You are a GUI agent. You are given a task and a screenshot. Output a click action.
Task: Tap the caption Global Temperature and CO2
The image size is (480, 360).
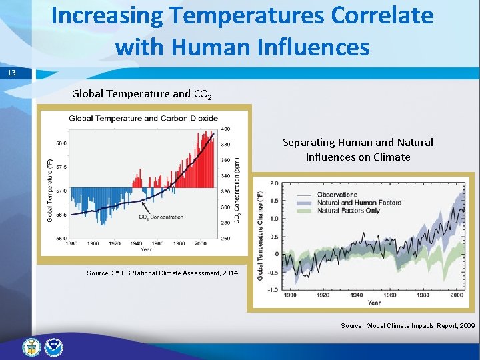(x=142, y=94)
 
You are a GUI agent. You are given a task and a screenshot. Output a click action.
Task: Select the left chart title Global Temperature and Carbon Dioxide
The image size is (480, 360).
(x=143, y=119)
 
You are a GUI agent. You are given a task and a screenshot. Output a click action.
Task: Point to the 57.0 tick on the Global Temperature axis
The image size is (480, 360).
(x=60, y=190)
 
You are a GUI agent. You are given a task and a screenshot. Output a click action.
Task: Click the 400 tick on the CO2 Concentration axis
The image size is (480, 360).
(x=225, y=129)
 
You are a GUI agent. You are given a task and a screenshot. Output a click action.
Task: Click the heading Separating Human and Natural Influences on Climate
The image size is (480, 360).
(x=358, y=150)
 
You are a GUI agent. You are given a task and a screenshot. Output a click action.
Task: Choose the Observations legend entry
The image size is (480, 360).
(x=337, y=195)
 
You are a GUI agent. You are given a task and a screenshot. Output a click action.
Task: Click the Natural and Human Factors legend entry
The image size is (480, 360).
(x=359, y=203)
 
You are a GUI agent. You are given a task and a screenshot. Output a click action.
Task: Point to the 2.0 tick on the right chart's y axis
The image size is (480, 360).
(x=273, y=183)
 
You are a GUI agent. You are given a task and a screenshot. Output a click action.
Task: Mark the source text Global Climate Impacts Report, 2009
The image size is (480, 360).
(x=408, y=325)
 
